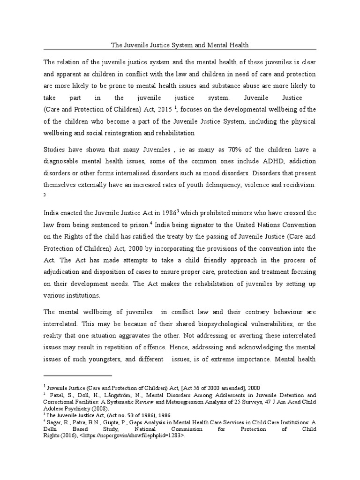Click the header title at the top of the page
pyautogui.click(x=180, y=45)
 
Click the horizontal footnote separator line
pyautogui.click(x=78, y=375)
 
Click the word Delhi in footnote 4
pyautogui.click(x=51, y=428)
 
